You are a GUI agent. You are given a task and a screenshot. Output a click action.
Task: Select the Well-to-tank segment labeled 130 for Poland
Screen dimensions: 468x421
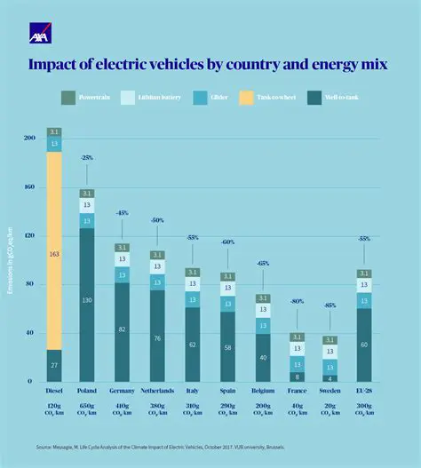87,301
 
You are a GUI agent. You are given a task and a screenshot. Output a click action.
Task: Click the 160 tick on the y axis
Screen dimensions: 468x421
29,187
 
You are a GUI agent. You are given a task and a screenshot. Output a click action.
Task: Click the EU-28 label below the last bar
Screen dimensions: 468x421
364,390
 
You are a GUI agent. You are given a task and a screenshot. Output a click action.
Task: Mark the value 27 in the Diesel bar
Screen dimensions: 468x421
55,365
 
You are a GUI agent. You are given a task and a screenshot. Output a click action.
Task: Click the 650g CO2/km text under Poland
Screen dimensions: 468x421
87,408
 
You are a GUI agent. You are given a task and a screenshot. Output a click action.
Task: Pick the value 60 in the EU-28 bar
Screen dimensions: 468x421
364,344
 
